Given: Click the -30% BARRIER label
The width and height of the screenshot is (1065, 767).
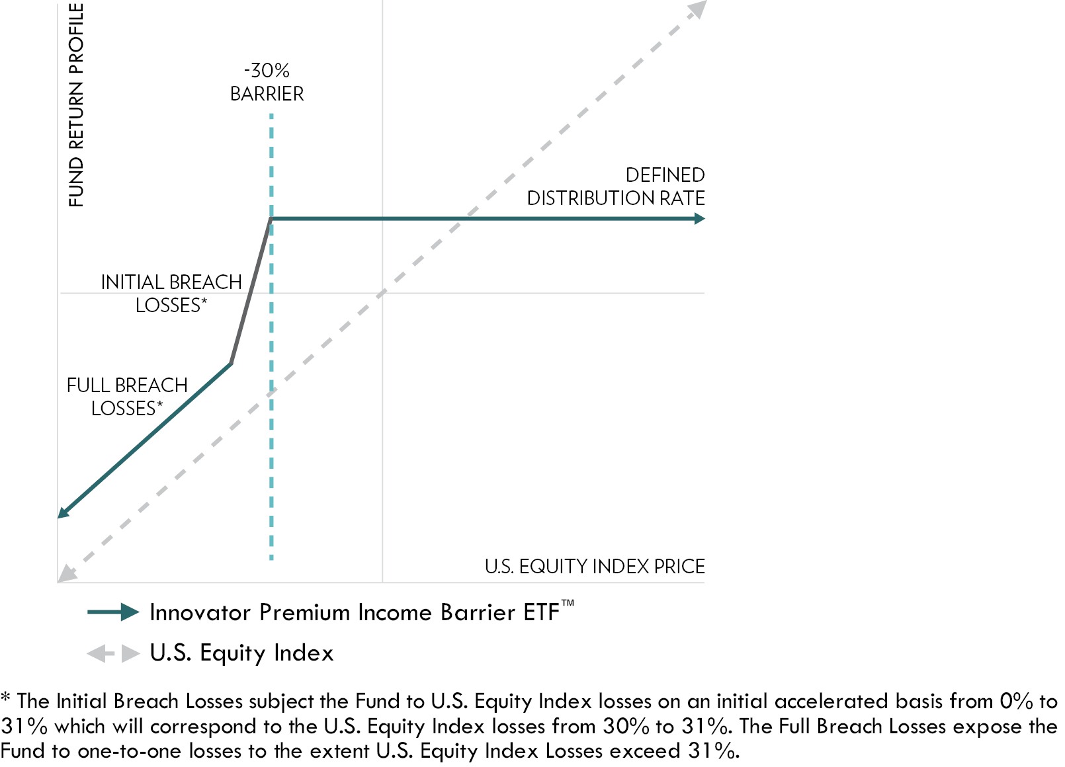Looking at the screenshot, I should pyautogui.click(x=267, y=82).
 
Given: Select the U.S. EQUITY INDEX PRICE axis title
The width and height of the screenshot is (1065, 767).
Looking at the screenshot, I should pyautogui.click(x=594, y=567).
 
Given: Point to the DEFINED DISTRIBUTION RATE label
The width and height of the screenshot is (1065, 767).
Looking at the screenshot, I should pyautogui.click(x=615, y=186).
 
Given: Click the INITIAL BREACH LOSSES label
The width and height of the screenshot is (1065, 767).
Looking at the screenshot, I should pyautogui.click(x=171, y=294).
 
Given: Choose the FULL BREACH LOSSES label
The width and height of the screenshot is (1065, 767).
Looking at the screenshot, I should pyautogui.click(x=127, y=397).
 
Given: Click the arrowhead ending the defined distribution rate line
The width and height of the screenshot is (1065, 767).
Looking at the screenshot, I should pyautogui.click(x=700, y=219).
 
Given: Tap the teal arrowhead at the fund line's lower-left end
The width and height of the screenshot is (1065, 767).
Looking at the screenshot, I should pyautogui.click(x=63, y=512).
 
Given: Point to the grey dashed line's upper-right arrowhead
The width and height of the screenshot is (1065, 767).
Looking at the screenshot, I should pyautogui.click(x=697, y=9).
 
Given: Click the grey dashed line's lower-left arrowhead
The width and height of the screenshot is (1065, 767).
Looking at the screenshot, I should pyautogui.click(x=66, y=574).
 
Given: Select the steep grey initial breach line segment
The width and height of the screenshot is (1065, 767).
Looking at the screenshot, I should pyautogui.click(x=251, y=292).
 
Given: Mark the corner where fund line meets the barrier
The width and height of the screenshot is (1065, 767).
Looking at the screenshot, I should pyautogui.click(x=271, y=219).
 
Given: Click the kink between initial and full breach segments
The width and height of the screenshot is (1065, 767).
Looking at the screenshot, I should pyautogui.click(x=231, y=363).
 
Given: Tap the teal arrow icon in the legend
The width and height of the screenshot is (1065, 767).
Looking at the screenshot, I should pyautogui.click(x=113, y=612).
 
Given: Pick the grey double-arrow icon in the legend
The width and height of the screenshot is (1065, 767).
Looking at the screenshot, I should pyautogui.click(x=113, y=654).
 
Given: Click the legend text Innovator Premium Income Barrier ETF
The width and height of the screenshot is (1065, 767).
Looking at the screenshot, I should pyautogui.click(x=355, y=612).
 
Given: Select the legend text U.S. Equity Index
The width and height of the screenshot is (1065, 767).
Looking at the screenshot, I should pyautogui.click(x=241, y=653).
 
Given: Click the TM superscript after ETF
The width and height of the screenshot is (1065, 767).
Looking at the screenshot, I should pyautogui.click(x=568, y=603).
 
